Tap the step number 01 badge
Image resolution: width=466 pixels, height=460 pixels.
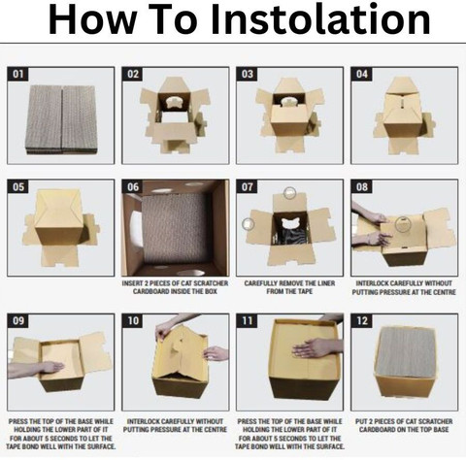(17, 74)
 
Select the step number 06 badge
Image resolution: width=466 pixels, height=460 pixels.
(132, 186)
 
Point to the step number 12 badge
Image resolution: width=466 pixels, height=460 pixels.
(361, 320)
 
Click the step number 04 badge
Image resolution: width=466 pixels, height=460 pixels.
(361, 74)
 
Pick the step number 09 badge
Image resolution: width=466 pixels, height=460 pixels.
(17, 320)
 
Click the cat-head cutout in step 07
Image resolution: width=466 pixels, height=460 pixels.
(289, 223)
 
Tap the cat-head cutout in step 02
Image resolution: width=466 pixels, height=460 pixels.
(175, 102)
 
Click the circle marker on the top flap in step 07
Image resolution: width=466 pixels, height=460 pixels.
(289, 193)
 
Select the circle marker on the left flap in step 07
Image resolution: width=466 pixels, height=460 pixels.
(249, 224)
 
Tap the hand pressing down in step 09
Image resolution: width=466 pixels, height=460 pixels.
(36, 370)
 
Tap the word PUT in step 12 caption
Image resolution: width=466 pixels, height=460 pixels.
(362, 421)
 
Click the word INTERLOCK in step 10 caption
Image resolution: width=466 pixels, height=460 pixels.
(144, 421)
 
